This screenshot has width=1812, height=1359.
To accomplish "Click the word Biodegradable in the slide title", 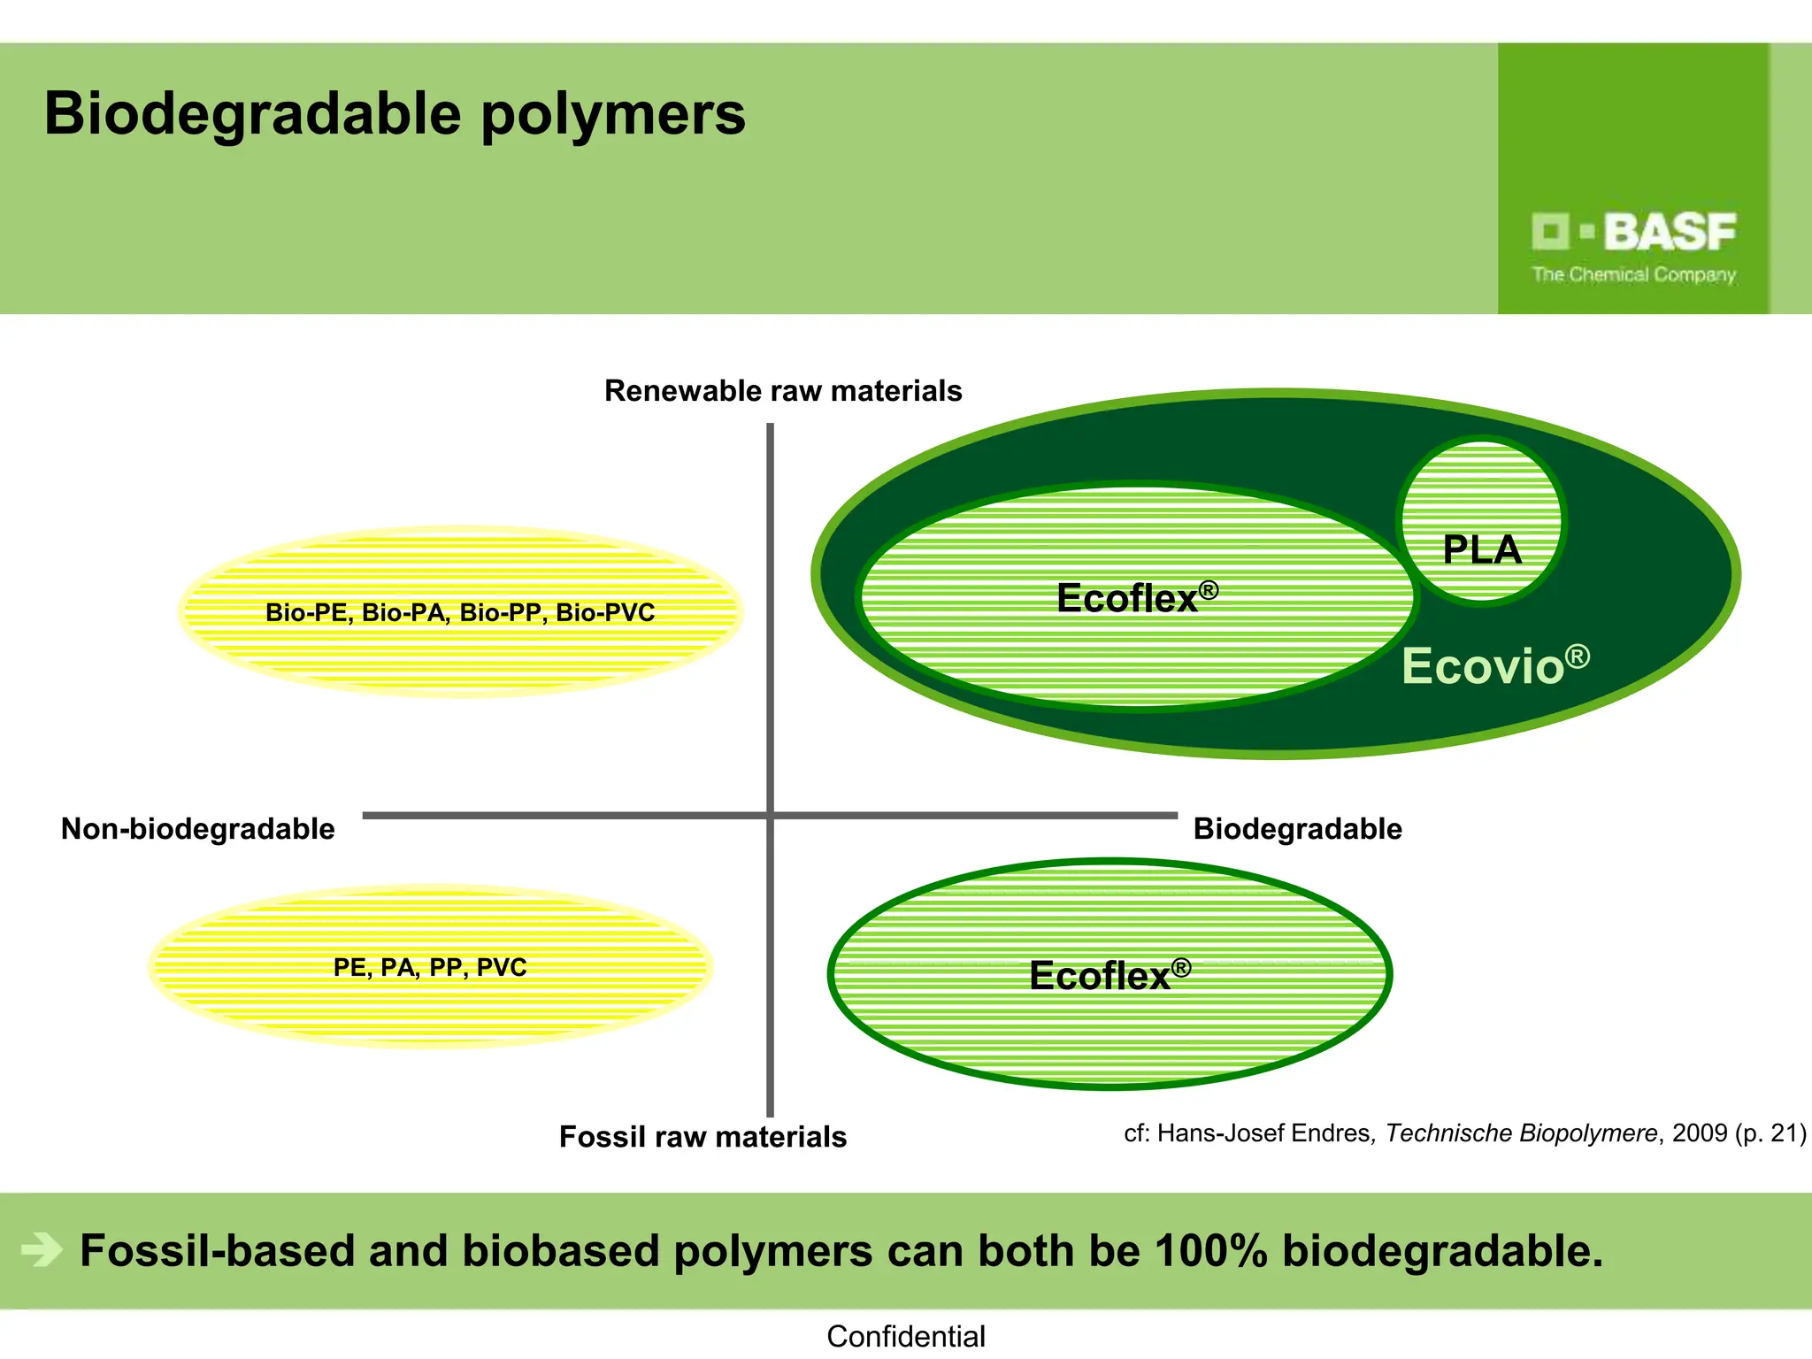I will (x=252, y=115).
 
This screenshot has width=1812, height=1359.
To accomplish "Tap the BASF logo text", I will (x=1669, y=232).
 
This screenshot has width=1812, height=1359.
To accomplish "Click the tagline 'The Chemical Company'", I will (x=1633, y=275).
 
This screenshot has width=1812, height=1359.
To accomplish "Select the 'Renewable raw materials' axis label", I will (x=782, y=391).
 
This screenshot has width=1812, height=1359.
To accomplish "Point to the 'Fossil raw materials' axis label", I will (x=703, y=1137).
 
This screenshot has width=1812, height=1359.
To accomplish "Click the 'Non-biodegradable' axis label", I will (x=197, y=829).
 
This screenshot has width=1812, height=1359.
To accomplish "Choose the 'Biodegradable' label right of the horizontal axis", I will (x=1297, y=829).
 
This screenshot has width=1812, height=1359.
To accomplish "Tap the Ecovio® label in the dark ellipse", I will (x=1495, y=665).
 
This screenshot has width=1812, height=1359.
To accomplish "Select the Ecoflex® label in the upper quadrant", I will (x=1136, y=598).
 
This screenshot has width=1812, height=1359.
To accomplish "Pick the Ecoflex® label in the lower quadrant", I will (x=1109, y=976).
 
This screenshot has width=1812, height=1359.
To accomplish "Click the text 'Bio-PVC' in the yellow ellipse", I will (x=605, y=612).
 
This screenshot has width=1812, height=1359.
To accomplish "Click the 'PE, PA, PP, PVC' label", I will (x=430, y=967).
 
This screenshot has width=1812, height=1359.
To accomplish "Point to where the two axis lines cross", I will (x=770, y=815).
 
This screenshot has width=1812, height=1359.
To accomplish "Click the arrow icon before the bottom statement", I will (x=42, y=1250).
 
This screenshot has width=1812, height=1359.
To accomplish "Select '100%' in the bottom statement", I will (x=1211, y=1251).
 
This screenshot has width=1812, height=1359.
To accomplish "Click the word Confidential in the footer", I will (x=905, y=1336).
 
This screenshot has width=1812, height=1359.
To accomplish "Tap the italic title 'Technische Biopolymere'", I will (x=1521, y=1133).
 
